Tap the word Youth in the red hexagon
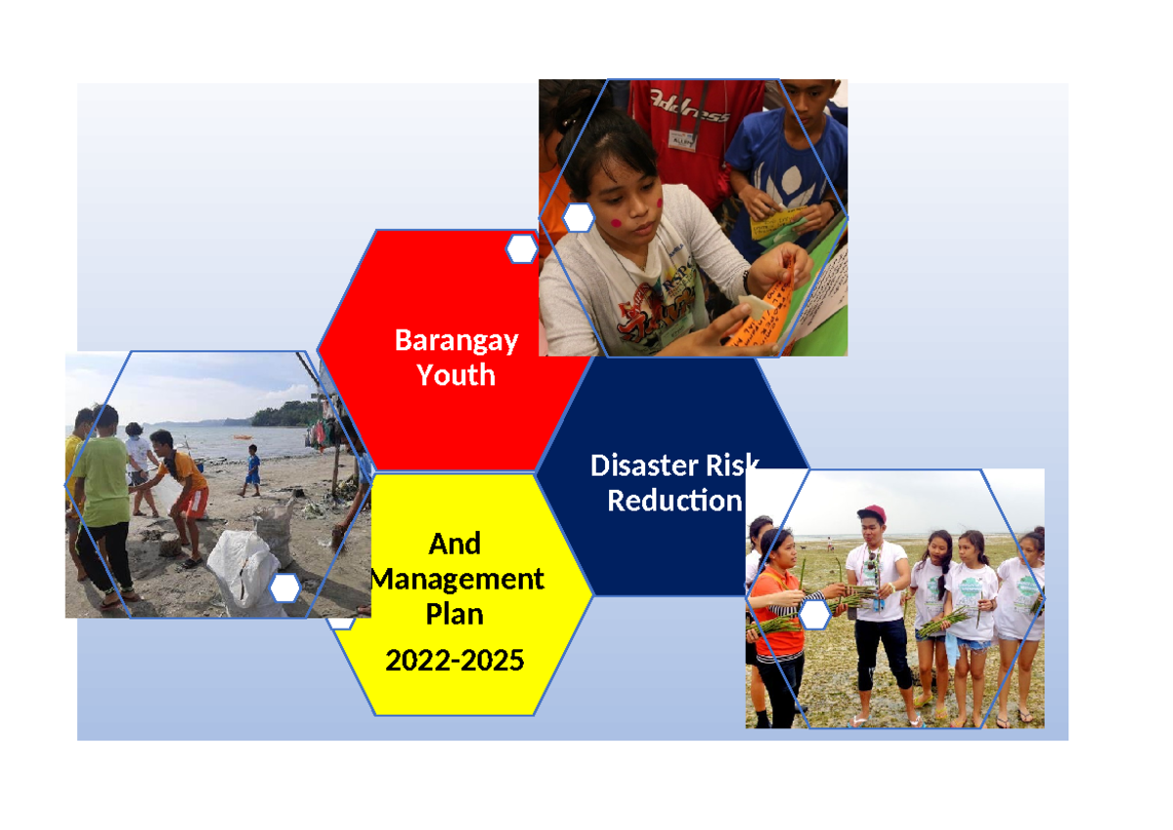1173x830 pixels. [456, 374]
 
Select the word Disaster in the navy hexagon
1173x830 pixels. [640, 465]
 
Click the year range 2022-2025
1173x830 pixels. [455, 661]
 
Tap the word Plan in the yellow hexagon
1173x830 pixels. [455, 614]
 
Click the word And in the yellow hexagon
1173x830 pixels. [455, 544]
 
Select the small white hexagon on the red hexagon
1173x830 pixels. [521, 249]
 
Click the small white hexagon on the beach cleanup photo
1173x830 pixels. [284, 589]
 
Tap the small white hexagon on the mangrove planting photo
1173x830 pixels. [814, 614]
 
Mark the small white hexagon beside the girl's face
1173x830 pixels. [579, 218]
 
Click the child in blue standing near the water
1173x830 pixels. [252, 468]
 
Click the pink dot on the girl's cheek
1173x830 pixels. [618, 222]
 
